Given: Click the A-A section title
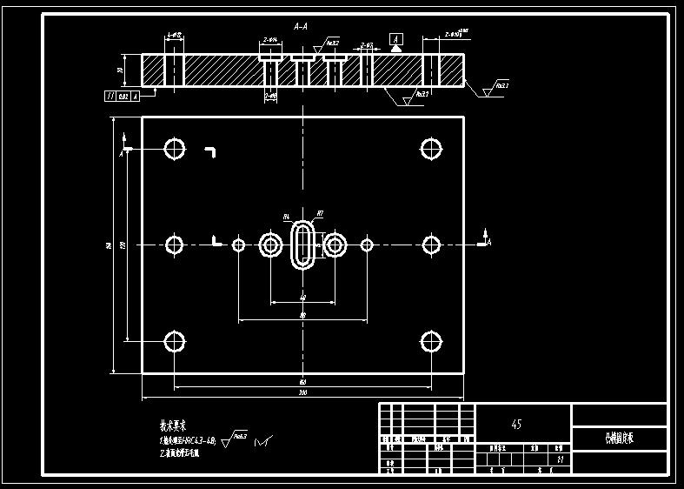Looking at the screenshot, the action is (x=301, y=27).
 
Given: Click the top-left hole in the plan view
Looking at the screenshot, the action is (x=176, y=149).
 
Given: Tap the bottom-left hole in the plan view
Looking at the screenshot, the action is (x=176, y=342).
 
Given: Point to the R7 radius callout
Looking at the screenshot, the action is (x=320, y=213).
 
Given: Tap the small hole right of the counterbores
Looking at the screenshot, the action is (x=367, y=245).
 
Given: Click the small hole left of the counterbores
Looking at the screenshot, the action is (x=239, y=245).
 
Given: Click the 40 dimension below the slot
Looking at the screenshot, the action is (x=302, y=298).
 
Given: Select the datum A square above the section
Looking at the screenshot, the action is (x=396, y=40).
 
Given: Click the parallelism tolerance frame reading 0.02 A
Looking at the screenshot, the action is (x=121, y=97).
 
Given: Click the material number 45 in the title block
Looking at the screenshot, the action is (x=517, y=425).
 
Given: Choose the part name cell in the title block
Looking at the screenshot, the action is (x=619, y=439).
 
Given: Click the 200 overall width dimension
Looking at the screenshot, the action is (x=302, y=394).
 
